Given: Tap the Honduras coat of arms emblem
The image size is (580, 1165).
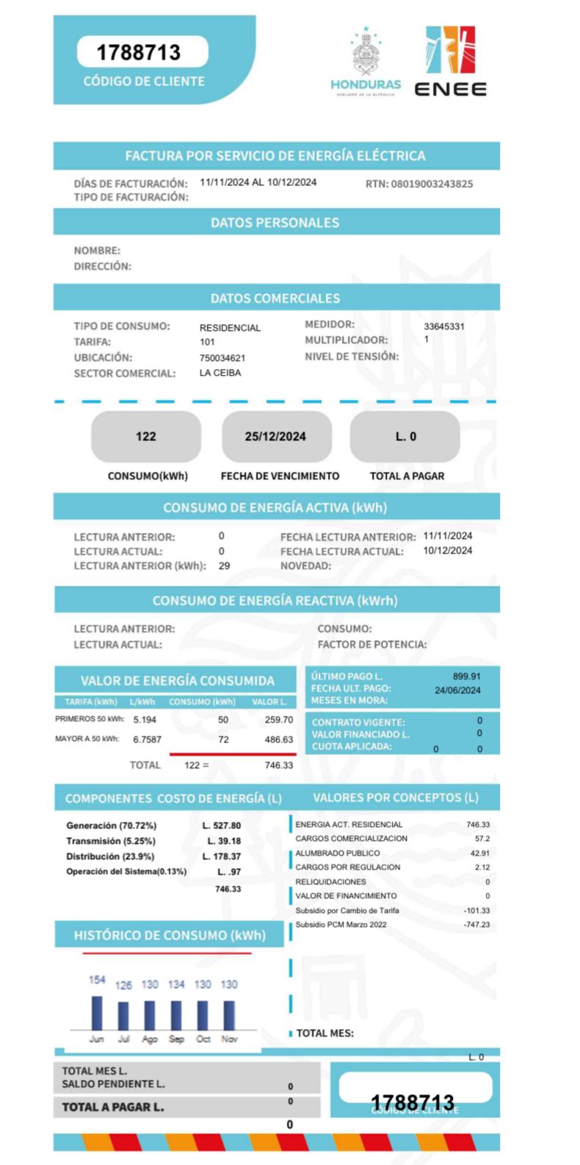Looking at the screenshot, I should coord(365,55).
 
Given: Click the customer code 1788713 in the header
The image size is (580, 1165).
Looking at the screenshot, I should coord(139,52).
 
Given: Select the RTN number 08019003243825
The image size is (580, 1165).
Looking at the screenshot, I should coord(432,184).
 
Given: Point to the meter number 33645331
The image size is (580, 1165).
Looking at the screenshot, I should coord(444,326).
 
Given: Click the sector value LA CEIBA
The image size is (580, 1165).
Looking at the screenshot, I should coord(220,373).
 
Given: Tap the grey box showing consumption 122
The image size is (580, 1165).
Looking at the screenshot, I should coord(146,437).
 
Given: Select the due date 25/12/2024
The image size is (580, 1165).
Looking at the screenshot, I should coord(275,437).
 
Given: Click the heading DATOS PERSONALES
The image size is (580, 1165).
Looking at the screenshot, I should coord(275,223).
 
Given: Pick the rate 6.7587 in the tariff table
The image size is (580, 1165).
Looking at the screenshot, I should coord(147,739).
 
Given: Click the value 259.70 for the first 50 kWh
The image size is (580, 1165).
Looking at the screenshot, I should coord(279,720).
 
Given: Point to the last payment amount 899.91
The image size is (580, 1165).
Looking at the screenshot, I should coord(466,676).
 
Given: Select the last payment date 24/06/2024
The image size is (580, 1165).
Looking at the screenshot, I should coord(457,690).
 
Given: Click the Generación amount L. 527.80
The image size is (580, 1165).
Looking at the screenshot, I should coord(222,825).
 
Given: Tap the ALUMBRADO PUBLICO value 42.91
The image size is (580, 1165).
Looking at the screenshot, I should coord(479,853).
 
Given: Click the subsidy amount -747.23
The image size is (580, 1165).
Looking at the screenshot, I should coord(476,925).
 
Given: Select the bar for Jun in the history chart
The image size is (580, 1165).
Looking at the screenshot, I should coord(97,1013).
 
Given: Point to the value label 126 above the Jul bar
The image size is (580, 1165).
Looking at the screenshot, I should coord(123,985).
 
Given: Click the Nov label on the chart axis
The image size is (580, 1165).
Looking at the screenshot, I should coord(229,1039).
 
